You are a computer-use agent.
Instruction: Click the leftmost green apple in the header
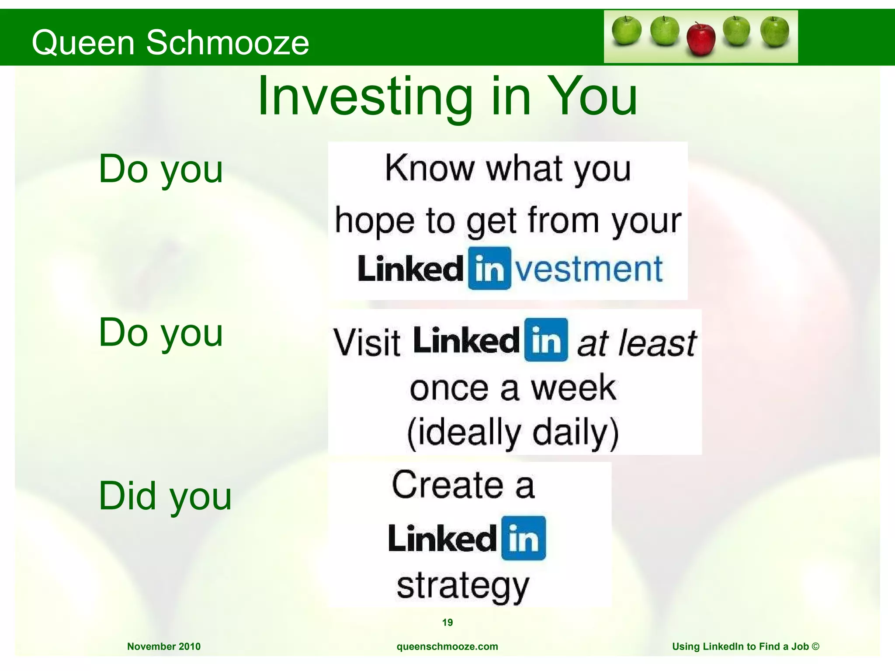626,31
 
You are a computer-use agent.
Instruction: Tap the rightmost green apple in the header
774,31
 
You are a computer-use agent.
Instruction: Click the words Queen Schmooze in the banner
170,42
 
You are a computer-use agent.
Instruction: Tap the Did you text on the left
165,496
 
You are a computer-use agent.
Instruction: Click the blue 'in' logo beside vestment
489,268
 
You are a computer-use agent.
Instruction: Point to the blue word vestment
589,269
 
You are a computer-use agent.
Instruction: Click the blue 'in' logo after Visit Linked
546,340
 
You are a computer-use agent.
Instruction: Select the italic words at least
636,343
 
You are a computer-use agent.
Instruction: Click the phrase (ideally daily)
513,432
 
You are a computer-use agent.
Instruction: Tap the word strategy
463,586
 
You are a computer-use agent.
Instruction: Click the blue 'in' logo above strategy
523,538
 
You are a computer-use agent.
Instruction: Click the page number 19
447,623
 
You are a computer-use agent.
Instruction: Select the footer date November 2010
164,647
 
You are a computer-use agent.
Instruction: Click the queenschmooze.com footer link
447,647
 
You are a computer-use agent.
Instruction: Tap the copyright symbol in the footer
815,646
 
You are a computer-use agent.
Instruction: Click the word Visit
367,342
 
